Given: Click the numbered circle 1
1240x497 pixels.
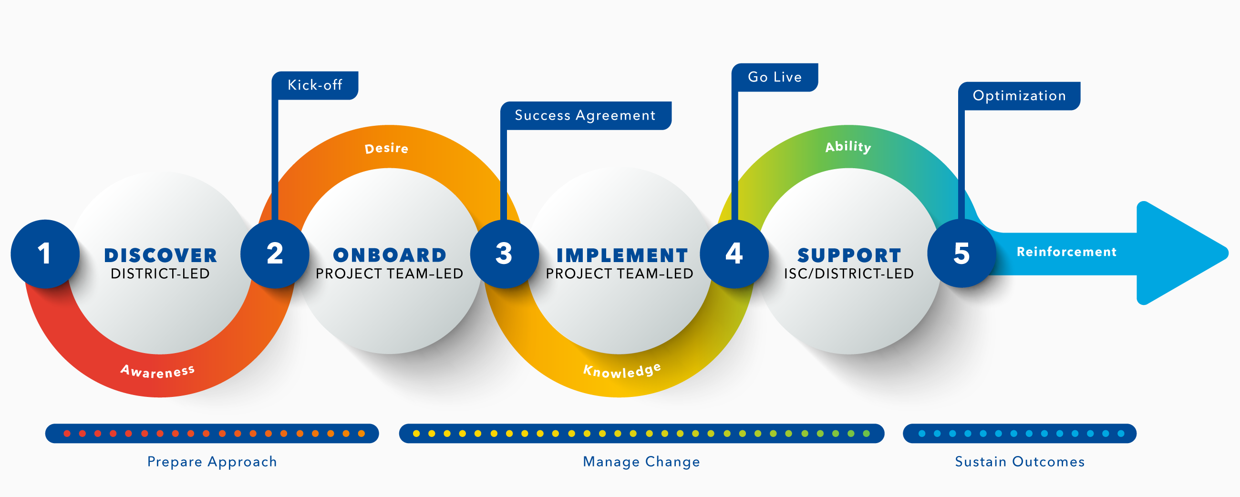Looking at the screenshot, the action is point(45,254).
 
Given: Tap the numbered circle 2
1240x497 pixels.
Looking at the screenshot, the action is point(275,254).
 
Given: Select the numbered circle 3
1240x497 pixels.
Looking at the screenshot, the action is point(505,254).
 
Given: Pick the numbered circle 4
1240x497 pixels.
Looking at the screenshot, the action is point(734,254).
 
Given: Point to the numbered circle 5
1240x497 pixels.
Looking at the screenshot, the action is point(962,254).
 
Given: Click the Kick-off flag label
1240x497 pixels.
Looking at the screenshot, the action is point(315,85).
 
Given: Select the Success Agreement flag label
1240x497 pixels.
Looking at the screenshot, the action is point(585,115).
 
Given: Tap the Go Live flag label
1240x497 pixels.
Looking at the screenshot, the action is point(775,77).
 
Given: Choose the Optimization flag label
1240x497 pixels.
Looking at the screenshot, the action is point(1019,96).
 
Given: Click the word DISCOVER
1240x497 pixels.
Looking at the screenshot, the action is point(161,255).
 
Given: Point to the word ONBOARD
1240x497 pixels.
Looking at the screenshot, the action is point(390,255).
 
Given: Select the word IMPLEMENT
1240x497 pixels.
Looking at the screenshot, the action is point(622,255).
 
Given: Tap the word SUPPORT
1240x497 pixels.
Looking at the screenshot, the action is point(849,255).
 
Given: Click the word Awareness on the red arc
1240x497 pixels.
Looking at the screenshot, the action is point(157,371).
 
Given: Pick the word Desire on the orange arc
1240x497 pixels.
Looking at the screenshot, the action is point(386,148).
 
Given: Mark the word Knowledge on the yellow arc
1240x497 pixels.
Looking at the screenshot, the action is point(622,370).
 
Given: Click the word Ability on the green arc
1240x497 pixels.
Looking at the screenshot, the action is point(848,147).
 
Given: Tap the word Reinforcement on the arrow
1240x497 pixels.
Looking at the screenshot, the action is point(1066,252).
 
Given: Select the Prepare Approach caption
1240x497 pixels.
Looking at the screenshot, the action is point(212,462).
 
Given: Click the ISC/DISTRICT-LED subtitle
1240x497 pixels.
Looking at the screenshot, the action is point(848,274).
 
